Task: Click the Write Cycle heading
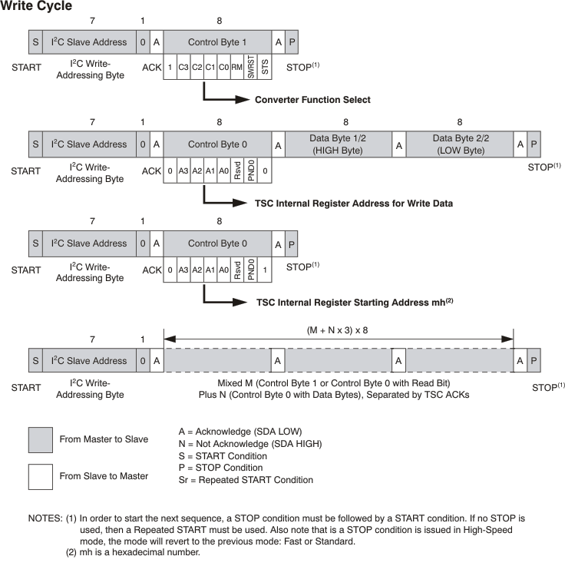[x=37, y=7]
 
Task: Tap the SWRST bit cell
[x=251, y=68]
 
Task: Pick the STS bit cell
[x=265, y=68]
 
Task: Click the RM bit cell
[x=237, y=68]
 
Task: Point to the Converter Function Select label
[x=312, y=100]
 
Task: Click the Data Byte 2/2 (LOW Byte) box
[x=459, y=144]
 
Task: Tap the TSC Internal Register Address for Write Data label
[x=353, y=204]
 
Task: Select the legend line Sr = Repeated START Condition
[x=246, y=480]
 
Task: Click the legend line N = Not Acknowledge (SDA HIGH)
[x=249, y=443]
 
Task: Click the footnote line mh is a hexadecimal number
[x=134, y=551]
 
